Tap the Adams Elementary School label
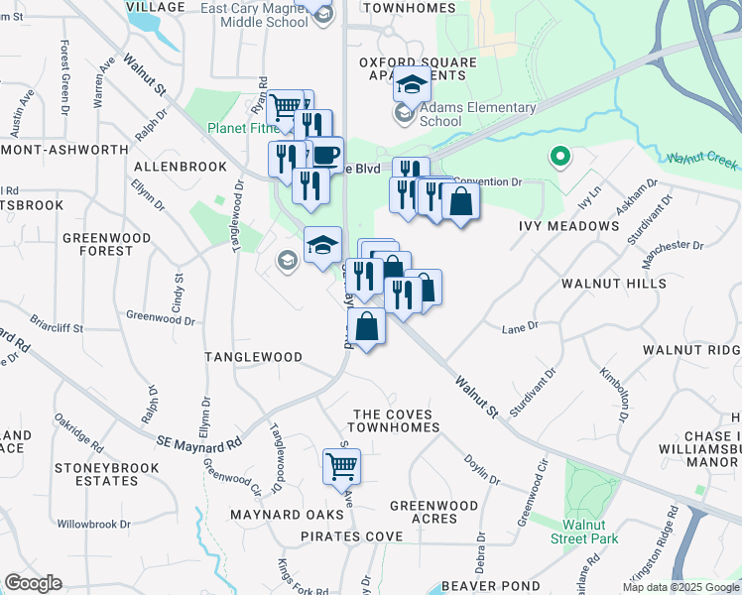pos(478,114)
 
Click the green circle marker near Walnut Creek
pos(559,157)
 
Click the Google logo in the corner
pos(33,583)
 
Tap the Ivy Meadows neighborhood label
pos(568,226)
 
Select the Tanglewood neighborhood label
pos(253,357)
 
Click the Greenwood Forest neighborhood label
pos(97,244)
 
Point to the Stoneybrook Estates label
pos(96,474)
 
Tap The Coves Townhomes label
pos(397,420)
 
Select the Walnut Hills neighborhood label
pos(613,284)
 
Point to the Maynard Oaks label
pos(273,515)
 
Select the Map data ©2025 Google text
pos(680,587)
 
